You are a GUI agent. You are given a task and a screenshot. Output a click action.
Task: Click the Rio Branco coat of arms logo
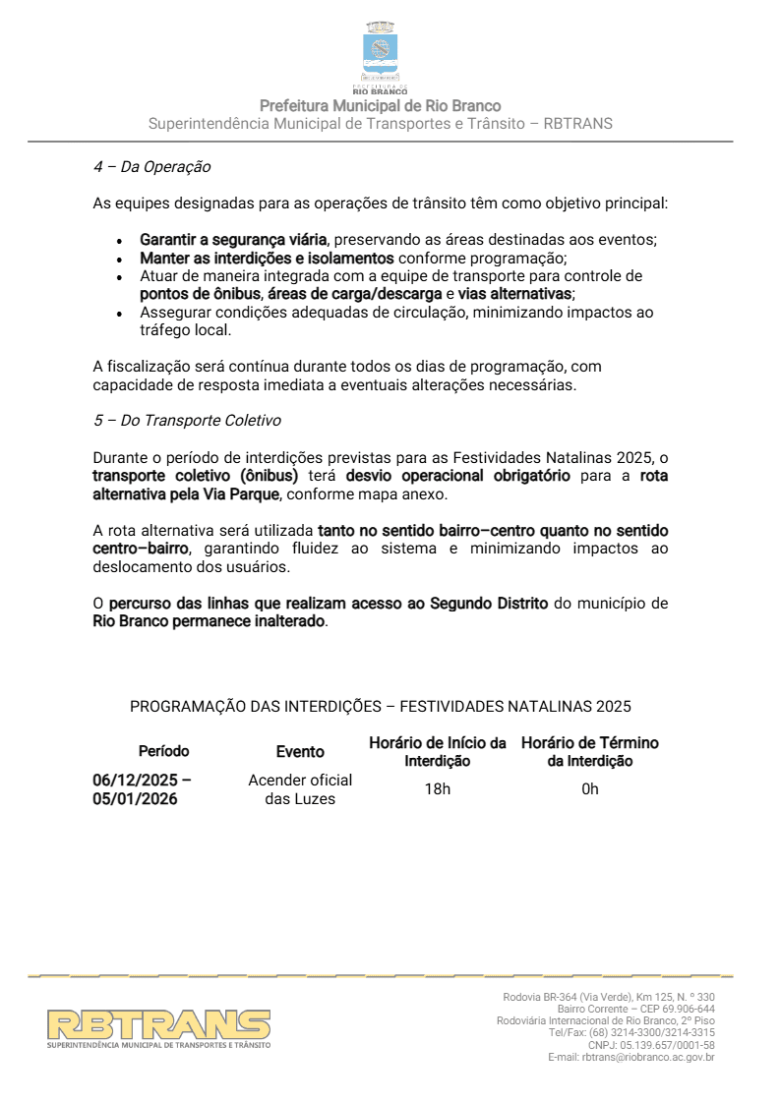tap(381, 53)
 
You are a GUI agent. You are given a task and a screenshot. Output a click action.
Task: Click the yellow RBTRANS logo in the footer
tap(159, 1026)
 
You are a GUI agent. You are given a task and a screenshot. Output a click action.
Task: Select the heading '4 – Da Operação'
tap(151, 167)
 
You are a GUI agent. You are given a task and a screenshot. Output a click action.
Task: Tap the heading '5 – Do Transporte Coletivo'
tap(187, 421)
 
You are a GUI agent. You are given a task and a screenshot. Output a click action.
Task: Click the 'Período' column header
tap(163, 752)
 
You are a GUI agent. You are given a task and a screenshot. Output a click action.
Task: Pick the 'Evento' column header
tap(300, 752)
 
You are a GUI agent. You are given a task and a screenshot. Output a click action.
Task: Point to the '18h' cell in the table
tap(438, 789)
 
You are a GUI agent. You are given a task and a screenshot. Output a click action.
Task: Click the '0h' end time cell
tap(590, 789)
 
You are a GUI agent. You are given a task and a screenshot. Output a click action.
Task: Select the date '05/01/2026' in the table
tap(135, 799)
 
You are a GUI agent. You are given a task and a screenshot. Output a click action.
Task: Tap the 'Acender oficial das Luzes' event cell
tap(300, 789)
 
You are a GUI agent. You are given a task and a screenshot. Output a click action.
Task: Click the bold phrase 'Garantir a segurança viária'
tap(233, 240)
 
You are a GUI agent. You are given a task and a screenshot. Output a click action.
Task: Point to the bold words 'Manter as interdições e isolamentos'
tap(267, 259)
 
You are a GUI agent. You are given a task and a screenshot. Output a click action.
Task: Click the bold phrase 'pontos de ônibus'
tap(200, 295)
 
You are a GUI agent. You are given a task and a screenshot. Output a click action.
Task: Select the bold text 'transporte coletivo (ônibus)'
tap(195, 476)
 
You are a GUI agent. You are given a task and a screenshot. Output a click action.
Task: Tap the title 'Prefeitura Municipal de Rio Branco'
tap(381, 106)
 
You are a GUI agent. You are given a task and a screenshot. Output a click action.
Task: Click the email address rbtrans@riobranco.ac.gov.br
tap(648, 1057)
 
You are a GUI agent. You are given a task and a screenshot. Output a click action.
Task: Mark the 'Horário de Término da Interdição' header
tap(590, 752)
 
